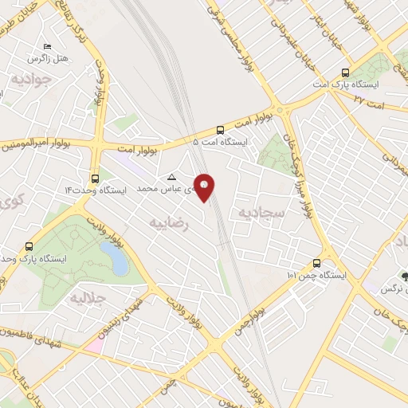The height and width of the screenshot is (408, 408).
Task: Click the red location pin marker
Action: pyautogui.click(x=205, y=186)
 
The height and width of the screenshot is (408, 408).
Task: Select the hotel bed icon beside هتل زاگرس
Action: pyautogui.click(x=47, y=46)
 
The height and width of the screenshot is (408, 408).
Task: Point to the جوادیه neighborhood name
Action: pyautogui.click(x=32, y=79)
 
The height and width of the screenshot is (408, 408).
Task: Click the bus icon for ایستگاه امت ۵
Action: pyautogui.click(x=220, y=129)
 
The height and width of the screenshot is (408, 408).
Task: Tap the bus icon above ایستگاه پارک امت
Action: pyautogui.click(x=344, y=70)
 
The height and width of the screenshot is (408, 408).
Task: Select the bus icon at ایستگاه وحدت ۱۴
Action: pyautogui.click(x=96, y=178)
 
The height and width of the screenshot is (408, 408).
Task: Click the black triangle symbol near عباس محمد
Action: pyautogui.click(x=171, y=177)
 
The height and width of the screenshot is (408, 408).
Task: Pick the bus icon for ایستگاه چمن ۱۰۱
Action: pyautogui.click(x=317, y=263)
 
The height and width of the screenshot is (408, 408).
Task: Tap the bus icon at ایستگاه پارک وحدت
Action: pyautogui.click(x=30, y=246)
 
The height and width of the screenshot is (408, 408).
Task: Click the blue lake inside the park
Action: pyautogui.click(x=116, y=258)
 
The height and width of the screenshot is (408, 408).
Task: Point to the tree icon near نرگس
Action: pyautogui.click(x=406, y=277)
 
